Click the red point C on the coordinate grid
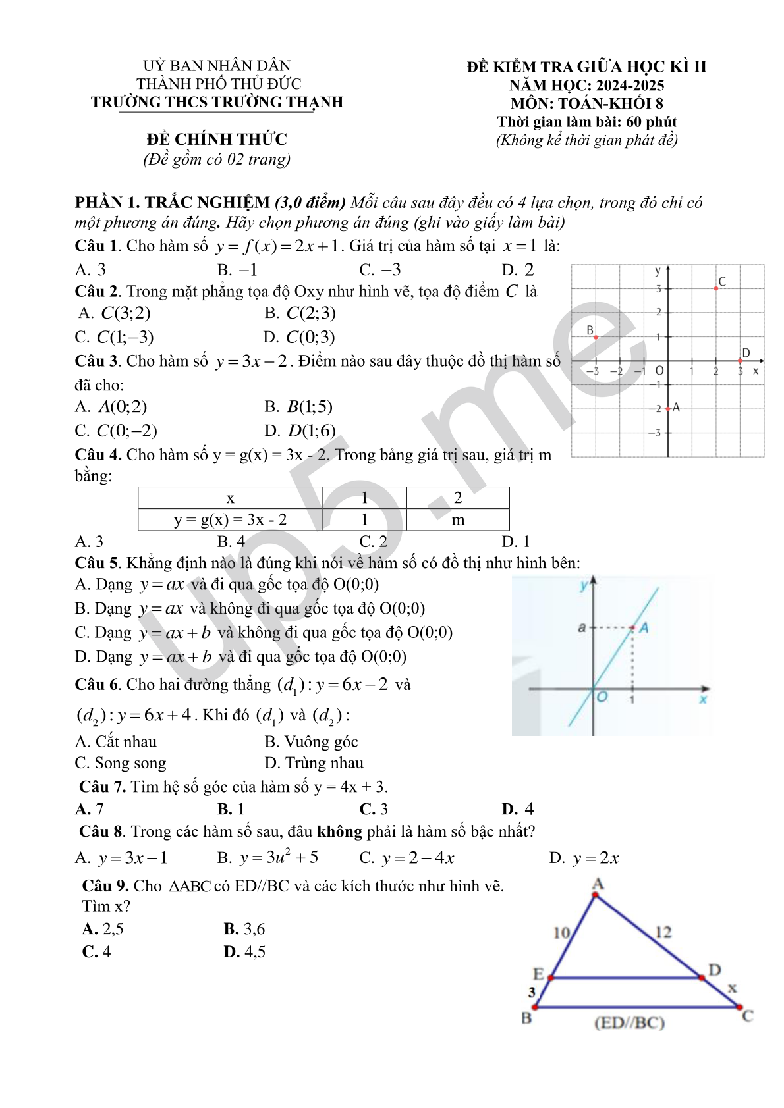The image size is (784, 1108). tap(716, 288)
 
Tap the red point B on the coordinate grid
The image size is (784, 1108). tap(596, 337)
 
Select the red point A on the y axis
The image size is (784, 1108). tap(668, 409)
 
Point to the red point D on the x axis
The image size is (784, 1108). tap(741, 361)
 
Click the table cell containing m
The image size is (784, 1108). tap(458, 520)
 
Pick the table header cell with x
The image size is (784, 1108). tap(230, 498)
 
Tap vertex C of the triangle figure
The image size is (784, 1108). tap(739, 1007)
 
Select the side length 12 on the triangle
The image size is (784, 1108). tap(663, 932)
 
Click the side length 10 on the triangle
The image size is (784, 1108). tap(561, 933)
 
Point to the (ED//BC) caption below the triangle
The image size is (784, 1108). tap(629, 1023)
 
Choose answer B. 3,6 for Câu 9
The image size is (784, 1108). tap(244, 929)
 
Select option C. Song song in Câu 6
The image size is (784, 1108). tap(121, 763)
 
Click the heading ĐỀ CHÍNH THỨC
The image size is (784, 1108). tap(217, 140)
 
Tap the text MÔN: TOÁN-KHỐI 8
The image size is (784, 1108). tap(586, 103)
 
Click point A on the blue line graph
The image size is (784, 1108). tap(633, 627)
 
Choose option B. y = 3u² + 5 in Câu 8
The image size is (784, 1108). tap(268, 858)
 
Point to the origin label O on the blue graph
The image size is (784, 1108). tap(602, 697)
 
